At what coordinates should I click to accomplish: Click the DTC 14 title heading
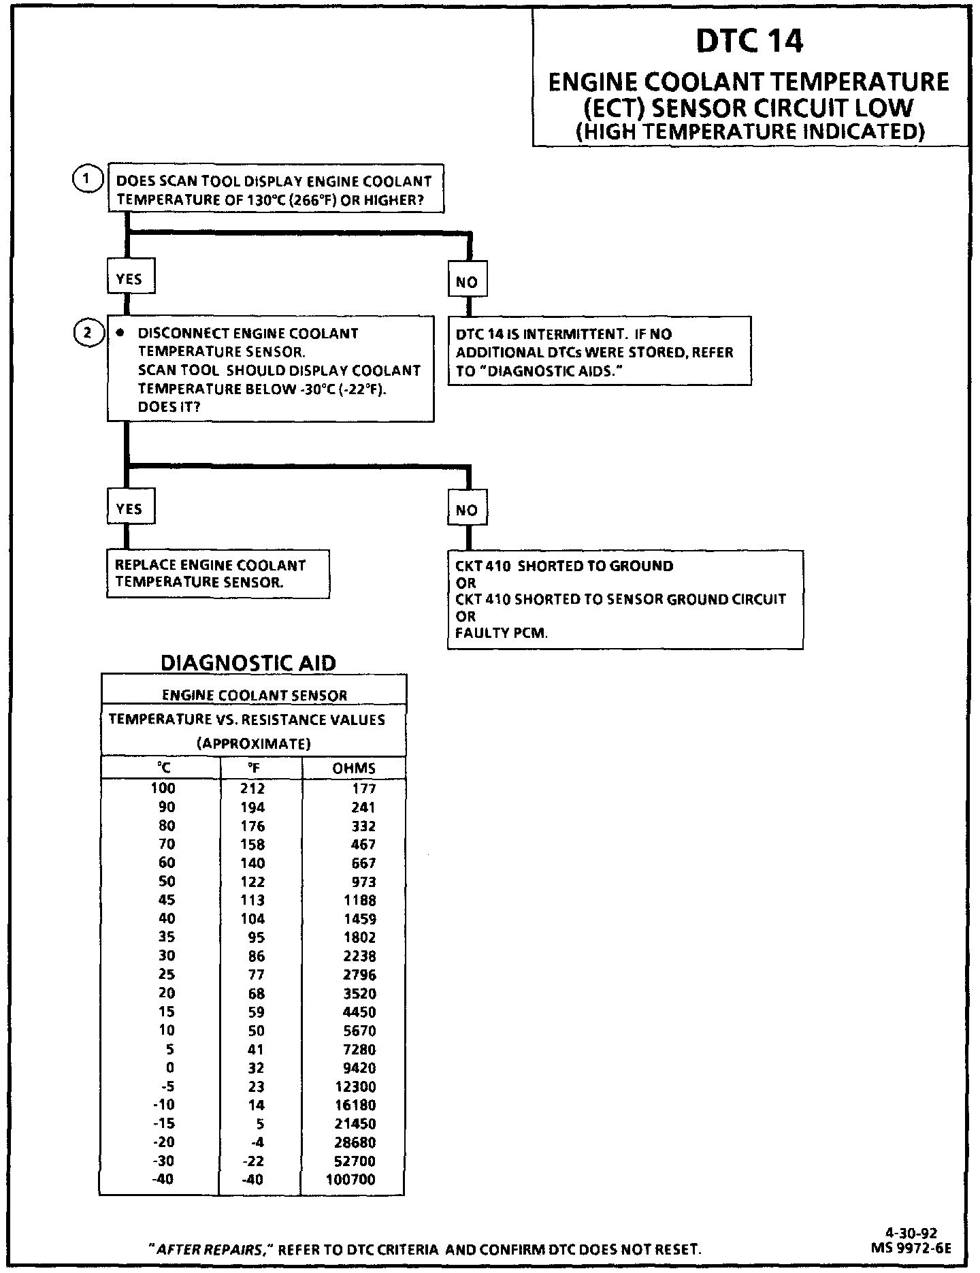point(749,41)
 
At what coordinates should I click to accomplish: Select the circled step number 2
point(87,334)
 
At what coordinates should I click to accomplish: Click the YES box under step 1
point(129,279)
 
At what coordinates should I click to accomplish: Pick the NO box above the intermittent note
point(467,282)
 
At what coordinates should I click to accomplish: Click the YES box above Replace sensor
point(129,509)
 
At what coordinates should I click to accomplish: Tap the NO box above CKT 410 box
point(467,510)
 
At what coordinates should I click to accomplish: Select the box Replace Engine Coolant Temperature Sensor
point(218,574)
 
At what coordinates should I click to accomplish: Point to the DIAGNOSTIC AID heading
point(248,662)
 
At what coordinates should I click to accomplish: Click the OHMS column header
point(354,768)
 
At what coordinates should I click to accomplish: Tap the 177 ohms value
point(364,788)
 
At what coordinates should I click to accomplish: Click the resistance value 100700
point(350,1179)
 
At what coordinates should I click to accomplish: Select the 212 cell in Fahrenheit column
point(252,788)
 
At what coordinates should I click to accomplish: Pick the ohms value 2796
point(359,975)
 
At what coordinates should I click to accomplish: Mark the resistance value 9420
point(359,1068)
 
